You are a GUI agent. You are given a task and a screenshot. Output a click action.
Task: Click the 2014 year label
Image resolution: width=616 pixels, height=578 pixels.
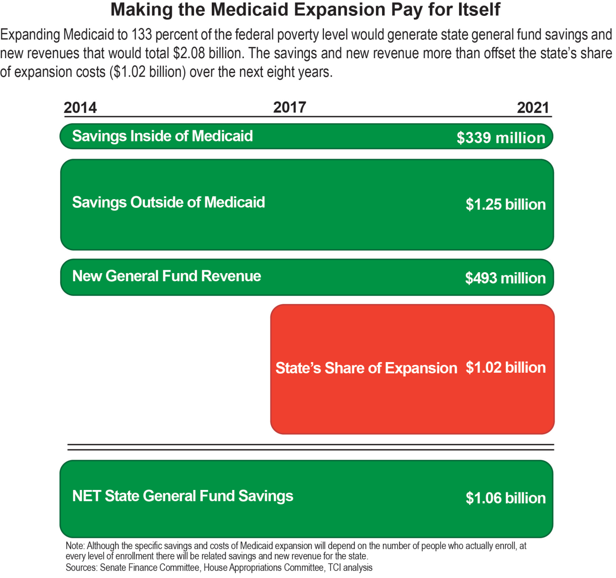tap(80, 107)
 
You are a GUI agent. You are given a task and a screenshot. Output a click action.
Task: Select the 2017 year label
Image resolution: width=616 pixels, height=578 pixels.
tap(289, 107)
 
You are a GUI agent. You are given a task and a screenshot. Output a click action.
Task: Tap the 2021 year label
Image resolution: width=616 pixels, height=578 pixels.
tap(533, 107)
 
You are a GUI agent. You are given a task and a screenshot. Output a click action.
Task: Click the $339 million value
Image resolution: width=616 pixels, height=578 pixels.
tap(500, 138)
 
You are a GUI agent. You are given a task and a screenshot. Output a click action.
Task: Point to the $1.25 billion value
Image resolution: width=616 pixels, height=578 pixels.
tap(505, 204)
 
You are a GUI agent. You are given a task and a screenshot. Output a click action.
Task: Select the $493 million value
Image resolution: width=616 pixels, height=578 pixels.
tap(505, 278)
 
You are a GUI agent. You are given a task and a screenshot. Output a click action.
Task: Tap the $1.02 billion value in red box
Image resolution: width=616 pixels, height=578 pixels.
tap(505, 367)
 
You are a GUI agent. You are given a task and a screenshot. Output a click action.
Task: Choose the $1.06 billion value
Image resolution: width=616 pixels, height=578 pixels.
tap(505, 498)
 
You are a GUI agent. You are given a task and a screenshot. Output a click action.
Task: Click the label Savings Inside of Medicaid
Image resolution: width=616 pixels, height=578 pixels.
tap(162, 136)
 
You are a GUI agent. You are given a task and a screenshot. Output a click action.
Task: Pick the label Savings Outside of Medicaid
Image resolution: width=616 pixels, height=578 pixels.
tap(168, 202)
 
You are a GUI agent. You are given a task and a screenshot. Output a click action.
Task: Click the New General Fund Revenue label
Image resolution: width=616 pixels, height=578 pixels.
tap(167, 276)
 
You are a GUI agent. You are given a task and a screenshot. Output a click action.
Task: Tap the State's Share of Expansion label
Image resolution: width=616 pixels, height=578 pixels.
tap(366, 368)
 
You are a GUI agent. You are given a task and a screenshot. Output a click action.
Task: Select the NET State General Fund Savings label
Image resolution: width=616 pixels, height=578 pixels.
tap(182, 496)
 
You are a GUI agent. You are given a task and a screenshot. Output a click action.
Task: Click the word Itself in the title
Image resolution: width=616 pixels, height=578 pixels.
tap(476, 10)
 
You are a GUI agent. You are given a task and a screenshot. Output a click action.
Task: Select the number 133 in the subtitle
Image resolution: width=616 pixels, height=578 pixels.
tap(141, 35)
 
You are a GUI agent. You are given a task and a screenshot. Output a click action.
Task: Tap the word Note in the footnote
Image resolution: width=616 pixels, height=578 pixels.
tap(75, 546)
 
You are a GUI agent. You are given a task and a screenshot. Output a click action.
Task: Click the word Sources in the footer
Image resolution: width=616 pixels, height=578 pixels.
tap(81, 568)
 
